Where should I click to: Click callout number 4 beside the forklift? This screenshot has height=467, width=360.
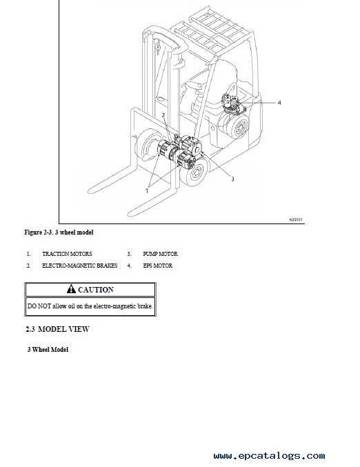point(279,103)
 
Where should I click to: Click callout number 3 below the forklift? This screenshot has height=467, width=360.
point(232,179)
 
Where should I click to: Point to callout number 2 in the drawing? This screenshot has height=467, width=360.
point(163,115)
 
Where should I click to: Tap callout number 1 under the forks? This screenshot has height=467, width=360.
point(146,191)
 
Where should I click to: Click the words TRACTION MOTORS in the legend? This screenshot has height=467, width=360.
point(67,254)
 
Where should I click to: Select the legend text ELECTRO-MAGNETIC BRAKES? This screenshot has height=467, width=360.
point(80,266)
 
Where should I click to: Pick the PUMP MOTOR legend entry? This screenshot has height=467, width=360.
point(160,254)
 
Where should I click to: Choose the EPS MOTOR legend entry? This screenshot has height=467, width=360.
point(157,266)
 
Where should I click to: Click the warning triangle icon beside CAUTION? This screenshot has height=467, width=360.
point(71,289)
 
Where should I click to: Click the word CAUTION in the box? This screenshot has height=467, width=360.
point(96,290)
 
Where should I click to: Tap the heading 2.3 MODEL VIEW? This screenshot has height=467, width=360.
point(57,329)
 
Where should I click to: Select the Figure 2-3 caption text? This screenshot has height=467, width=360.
point(59,232)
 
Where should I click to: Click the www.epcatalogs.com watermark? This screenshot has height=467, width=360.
point(269,456)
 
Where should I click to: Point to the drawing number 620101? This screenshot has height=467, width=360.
point(296,219)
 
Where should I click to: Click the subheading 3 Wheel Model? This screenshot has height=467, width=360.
point(48,349)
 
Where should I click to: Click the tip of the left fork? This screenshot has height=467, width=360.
point(90,190)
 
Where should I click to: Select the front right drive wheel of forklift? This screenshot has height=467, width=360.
point(195,172)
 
